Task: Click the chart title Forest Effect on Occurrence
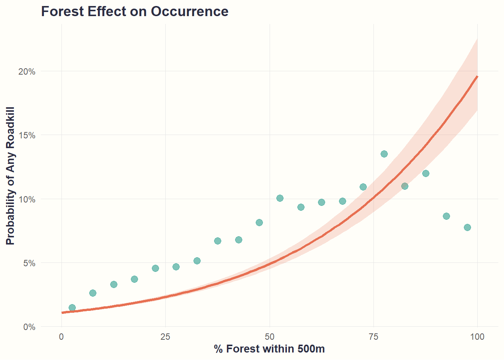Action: click(x=135, y=12)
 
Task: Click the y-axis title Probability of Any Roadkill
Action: click(x=10, y=175)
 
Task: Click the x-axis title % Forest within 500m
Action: click(x=269, y=349)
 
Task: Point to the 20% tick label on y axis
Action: click(x=27, y=71)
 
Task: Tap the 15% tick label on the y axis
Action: click(x=27, y=135)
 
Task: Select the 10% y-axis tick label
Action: click(x=27, y=199)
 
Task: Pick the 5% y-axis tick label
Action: click(x=29, y=263)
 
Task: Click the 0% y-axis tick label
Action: click(x=29, y=327)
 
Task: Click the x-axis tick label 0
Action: click(x=61, y=337)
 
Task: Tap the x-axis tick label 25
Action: click(x=165, y=337)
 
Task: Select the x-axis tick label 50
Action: click(x=270, y=337)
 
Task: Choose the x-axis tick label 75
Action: click(x=373, y=337)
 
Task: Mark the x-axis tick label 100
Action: click(x=477, y=337)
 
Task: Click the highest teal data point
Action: click(x=384, y=154)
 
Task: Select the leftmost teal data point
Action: click(x=72, y=308)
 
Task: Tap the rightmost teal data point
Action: click(x=467, y=227)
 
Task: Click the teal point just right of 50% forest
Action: click(x=280, y=198)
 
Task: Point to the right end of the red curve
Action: click(x=477, y=76)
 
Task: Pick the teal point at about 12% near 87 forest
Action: click(x=426, y=173)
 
